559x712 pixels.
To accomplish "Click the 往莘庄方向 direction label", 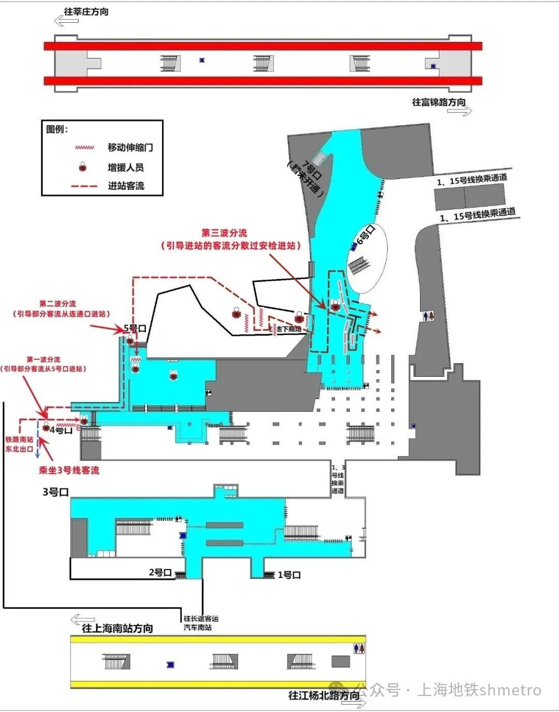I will [x=86, y=11].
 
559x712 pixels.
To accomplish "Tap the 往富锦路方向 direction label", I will [x=438, y=102].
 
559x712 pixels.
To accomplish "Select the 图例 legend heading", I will [x=57, y=129].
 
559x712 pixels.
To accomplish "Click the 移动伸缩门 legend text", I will [x=130, y=147].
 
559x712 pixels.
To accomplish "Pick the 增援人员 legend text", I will [x=126, y=167].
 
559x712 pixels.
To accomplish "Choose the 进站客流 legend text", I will [x=126, y=186].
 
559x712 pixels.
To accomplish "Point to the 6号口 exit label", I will [x=365, y=235].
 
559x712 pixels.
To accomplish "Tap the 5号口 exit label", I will [x=135, y=328].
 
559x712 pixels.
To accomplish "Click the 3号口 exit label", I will [x=55, y=492].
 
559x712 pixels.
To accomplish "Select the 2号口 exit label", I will [x=160, y=572].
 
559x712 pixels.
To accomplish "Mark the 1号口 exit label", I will [x=289, y=575].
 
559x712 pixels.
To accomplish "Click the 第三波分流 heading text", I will [x=224, y=233].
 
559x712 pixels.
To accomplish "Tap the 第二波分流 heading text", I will [x=57, y=304].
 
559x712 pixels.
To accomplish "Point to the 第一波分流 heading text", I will [x=43, y=359].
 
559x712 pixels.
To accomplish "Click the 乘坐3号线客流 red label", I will [x=69, y=470].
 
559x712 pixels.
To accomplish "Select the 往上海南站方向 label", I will [x=117, y=628].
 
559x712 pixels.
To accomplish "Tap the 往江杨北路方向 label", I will [x=324, y=695].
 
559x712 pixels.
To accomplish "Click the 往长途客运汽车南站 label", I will [x=201, y=622].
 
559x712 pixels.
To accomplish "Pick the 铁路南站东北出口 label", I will [x=19, y=444].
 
